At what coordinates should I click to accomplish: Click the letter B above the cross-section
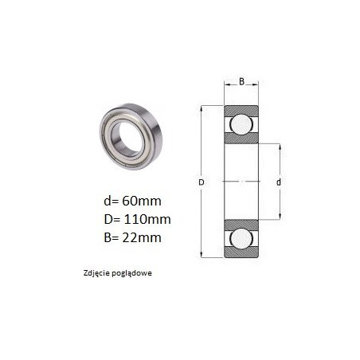click(x=241, y=81)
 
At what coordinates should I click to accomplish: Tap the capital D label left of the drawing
click(x=202, y=182)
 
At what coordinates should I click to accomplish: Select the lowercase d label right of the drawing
click(x=279, y=182)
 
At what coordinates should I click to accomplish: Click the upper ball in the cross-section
click(x=241, y=124)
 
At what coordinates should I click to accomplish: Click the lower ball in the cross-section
click(x=241, y=238)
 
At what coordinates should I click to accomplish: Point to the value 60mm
click(x=142, y=201)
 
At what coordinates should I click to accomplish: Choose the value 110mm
click(x=147, y=219)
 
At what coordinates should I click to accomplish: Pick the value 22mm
click(x=142, y=237)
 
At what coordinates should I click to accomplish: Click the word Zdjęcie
click(x=96, y=273)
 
